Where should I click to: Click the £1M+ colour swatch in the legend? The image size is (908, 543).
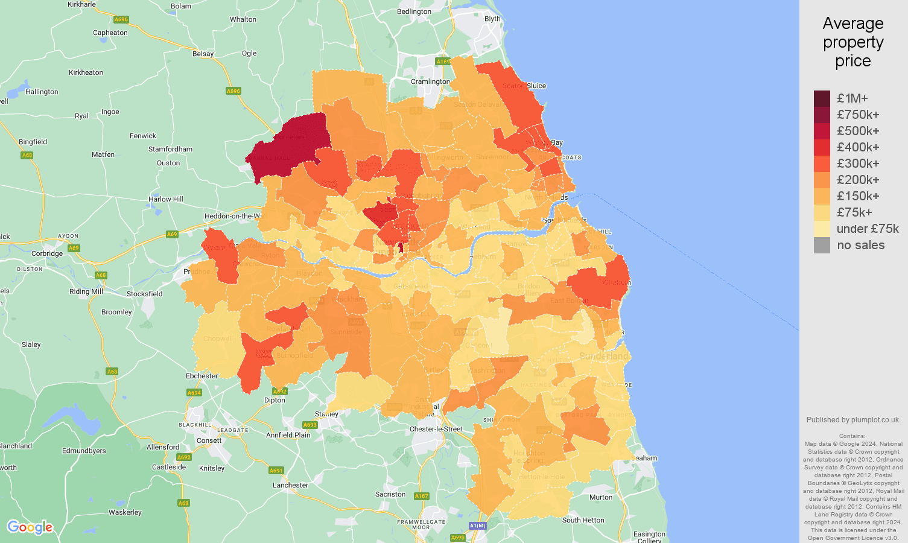coord(822,98)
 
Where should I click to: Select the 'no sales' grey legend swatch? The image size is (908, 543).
coord(822,245)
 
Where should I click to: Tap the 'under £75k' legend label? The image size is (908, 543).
coord(868,229)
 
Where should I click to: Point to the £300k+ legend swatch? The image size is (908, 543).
coord(822,164)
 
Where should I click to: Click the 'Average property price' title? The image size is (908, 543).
coord(852,42)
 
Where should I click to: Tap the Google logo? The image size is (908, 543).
coord(30,527)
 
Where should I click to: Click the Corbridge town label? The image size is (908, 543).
coord(47,253)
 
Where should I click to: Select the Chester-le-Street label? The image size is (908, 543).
coord(436,429)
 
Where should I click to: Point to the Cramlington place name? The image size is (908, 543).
coord(430,81)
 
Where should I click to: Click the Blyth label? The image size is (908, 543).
coord(492,19)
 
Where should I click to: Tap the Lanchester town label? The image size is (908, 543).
coord(290,485)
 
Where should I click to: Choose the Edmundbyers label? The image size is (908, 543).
coord(84,451)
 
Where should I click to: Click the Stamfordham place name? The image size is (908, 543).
coord(171,149)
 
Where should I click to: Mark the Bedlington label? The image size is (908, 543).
coord(414,11)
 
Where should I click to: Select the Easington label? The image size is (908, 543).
coord(649,534)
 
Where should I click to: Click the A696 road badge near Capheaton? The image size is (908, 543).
coord(121,19)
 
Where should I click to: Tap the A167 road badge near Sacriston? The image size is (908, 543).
coord(421,496)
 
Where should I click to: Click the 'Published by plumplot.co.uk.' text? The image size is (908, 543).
coord(853,420)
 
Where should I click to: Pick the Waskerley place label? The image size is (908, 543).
coord(125,512)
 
